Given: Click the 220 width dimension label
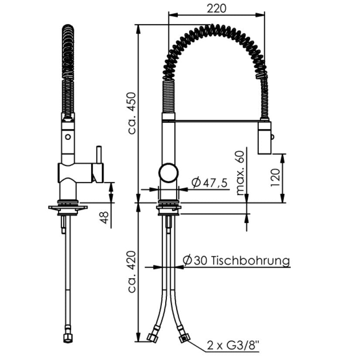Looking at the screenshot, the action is tap(216, 8).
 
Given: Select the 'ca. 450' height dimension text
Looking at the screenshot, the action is tap(132, 113).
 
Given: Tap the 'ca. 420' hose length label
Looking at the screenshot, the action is tap(132, 272).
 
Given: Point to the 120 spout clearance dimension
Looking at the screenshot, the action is tap(275, 178).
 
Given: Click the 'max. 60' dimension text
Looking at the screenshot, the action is tap(240, 173).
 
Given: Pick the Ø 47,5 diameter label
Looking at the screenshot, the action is tap(209, 183).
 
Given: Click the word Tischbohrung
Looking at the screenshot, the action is tap(250, 261).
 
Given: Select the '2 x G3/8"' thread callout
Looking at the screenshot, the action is tap(233, 345).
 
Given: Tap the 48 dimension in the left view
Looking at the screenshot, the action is tap(104, 217).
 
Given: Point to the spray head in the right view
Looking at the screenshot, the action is tap(265, 138).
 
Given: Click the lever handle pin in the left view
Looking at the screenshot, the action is tap(99, 155).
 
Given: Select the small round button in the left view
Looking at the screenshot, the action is tap(68, 137).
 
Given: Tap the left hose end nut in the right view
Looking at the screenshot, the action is tap(153, 337).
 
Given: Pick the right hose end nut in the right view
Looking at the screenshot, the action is tap(185, 337).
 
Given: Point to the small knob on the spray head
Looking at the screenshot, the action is tap(272, 137).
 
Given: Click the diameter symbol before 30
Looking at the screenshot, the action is tap(187, 261).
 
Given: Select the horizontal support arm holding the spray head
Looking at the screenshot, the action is tap(217, 120).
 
